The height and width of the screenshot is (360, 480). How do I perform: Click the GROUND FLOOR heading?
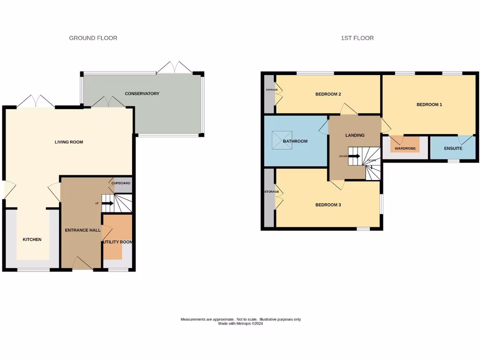pyautogui.click(x=93, y=38)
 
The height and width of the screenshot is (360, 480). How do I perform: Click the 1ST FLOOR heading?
pyautogui.click(x=357, y=38)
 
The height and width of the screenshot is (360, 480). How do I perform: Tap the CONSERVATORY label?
pyautogui.click(x=142, y=94)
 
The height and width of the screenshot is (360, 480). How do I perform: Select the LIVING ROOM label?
pyautogui.click(x=69, y=142)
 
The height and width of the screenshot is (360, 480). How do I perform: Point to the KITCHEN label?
pyautogui.click(x=32, y=240)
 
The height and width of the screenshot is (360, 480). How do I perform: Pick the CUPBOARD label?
pyautogui.click(x=121, y=183)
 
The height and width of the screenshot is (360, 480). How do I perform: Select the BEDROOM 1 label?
pyautogui.click(x=429, y=105)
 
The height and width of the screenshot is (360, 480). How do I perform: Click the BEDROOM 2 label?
pyautogui.click(x=328, y=94)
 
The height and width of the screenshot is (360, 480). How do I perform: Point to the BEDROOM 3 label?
pyautogui.click(x=328, y=205)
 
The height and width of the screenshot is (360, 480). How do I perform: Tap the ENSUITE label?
pyautogui.click(x=453, y=149)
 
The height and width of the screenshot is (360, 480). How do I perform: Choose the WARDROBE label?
pyautogui.click(x=405, y=149)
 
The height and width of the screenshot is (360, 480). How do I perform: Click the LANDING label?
pyautogui.click(x=355, y=135)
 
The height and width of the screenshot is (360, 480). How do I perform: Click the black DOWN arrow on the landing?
pyautogui.click(x=354, y=156)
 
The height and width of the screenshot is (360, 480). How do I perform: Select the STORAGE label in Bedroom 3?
pyautogui.click(x=272, y=192)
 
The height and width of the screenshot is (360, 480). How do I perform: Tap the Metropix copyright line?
pyautogui.click(x=240, y=323)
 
